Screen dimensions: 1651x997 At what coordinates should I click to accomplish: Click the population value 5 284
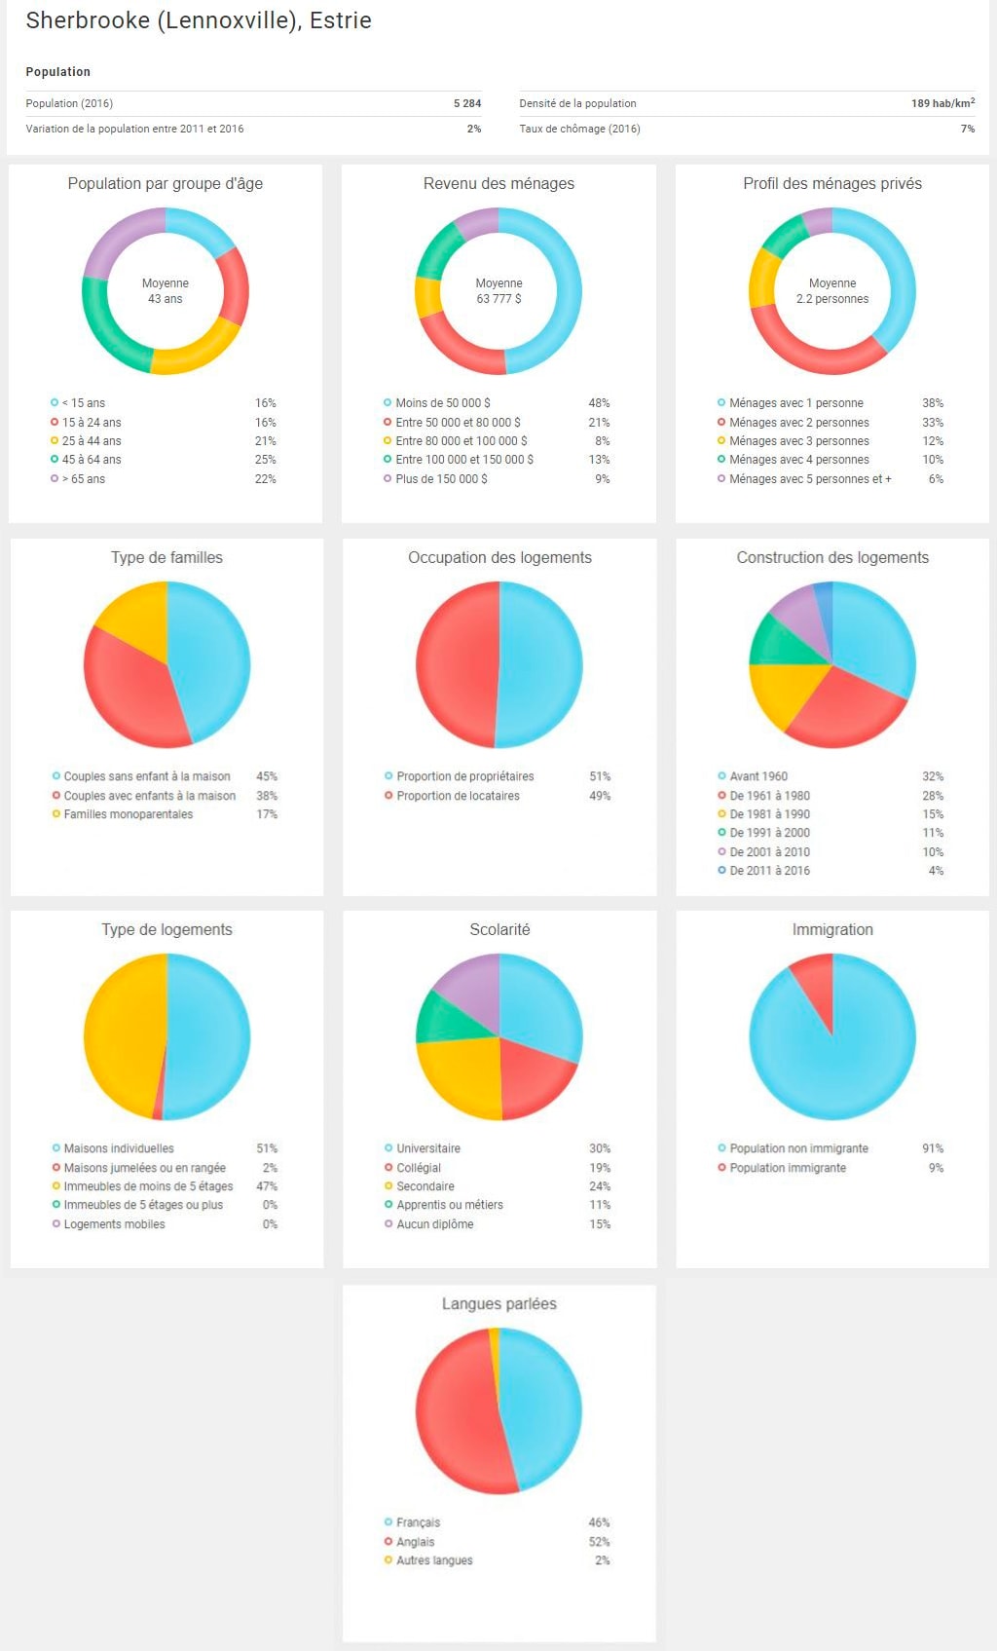[x=466, y=103]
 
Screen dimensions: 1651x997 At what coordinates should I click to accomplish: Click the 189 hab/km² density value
[x=942, y=103]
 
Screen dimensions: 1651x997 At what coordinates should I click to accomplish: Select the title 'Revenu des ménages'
[x=498, y=183]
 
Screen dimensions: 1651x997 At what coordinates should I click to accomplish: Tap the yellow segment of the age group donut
[x=195, y=356]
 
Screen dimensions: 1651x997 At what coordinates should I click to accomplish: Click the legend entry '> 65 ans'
[x=84, y=479]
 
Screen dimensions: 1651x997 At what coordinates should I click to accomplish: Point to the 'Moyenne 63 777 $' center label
[x=498, y=291]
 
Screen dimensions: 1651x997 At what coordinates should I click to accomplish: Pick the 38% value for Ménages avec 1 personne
[x=932, y=403]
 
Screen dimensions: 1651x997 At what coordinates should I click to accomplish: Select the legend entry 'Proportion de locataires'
[x=458, y=796]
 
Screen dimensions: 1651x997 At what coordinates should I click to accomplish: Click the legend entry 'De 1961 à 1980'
[x=769, y=796]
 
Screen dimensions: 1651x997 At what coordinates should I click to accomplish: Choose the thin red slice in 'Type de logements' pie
[x=159, y=1109]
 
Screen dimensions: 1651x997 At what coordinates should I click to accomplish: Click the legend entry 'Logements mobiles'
[x=114, y=1224]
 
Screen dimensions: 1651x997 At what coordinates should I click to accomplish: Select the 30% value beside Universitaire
[x=599, y=1148]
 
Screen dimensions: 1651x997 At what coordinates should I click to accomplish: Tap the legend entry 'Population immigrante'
[x=788, y=1168]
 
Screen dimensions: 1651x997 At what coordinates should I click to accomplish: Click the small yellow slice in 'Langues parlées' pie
[x=495, y=1345]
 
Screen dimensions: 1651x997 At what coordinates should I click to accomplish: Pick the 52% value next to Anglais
[x=599, y=1542]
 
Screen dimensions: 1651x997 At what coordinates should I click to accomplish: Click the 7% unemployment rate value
[x=967, y=129]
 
